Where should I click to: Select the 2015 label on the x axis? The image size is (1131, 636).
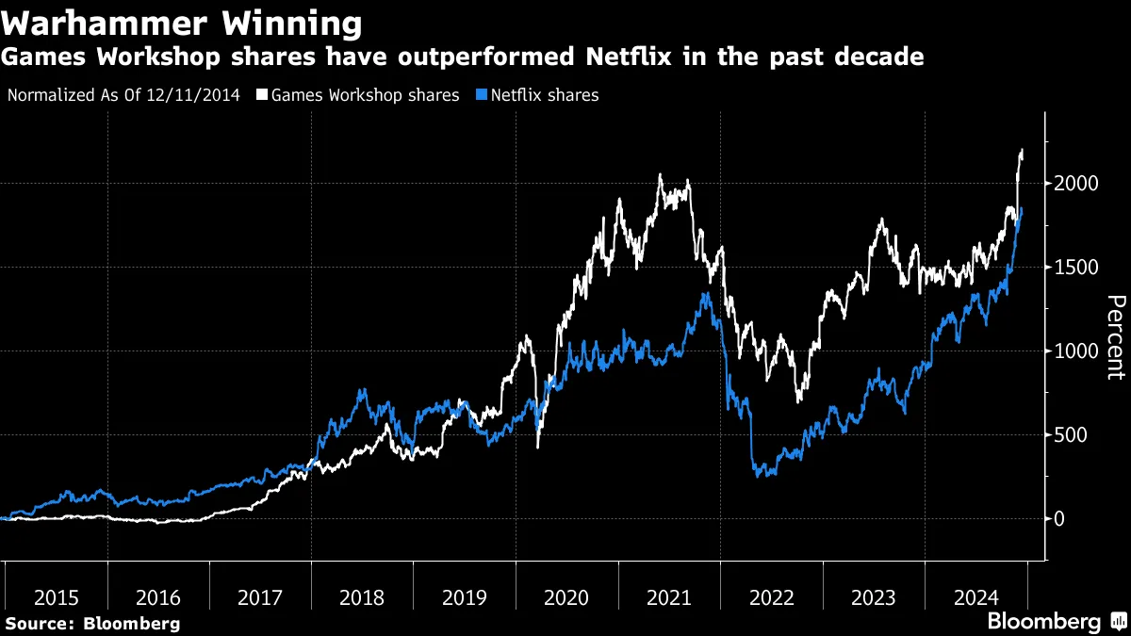(56, 597)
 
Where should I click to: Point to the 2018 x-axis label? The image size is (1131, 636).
(362, 597)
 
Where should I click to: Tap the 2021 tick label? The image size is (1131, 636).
(668, 597)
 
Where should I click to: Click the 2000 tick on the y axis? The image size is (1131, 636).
(1076, 184)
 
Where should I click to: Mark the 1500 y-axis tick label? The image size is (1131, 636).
(1076, 268)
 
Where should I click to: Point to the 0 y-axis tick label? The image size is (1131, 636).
(1060, 519)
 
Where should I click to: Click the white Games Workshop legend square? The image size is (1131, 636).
(263, 95)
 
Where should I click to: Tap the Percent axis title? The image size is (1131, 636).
(1115, 337)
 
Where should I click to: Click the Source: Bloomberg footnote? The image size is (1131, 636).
(92, 623)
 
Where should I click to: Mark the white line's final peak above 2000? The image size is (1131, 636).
(1023, 151)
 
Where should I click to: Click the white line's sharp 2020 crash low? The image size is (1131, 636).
(537, 447)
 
